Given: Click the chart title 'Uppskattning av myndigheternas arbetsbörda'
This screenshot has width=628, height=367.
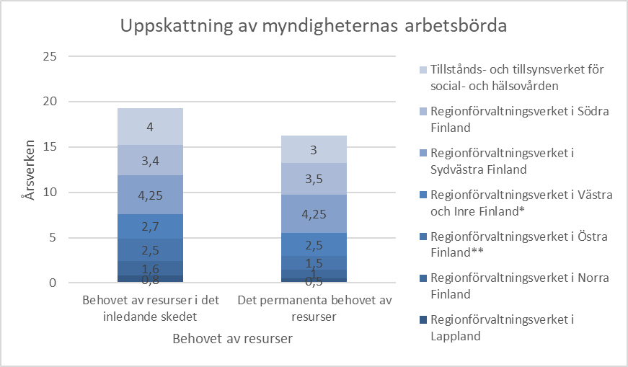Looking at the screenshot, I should (314, 26).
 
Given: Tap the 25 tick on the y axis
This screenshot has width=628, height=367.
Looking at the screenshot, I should (50, 56).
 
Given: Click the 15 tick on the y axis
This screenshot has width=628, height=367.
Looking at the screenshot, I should (50, 147).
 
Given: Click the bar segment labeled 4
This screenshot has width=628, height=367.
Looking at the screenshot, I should (150, 127).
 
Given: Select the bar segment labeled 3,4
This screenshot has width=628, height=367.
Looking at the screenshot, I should (150, 160).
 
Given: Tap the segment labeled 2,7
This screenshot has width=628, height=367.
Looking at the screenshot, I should (150, 226).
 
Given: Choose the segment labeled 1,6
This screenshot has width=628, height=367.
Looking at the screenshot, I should (150, 267).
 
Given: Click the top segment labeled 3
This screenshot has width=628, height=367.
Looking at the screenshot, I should (314, 149).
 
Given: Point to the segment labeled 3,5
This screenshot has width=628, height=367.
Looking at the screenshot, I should (314, 179).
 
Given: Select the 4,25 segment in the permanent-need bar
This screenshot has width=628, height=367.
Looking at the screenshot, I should (314, 213).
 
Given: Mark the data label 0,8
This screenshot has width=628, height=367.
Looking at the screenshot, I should (150, 279).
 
